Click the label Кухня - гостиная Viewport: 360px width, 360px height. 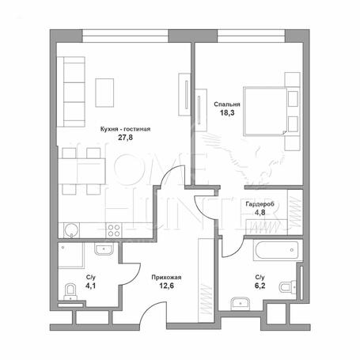pos(125,129)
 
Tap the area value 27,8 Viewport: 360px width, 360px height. pos(125,138)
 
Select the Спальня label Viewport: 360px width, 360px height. pos(227,104)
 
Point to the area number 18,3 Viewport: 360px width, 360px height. pos(227,113)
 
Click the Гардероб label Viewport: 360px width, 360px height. pos(260,204)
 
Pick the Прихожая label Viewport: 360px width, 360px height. pos(166,278)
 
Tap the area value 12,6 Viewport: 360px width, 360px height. pos(166,286)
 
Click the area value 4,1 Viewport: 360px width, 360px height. pos(90,286)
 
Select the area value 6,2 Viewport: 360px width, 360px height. pos(260,286)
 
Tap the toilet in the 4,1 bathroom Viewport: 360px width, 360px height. pos(70,292)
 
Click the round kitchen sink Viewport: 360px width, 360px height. pos(71,230)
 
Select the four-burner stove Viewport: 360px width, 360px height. pos(114,230)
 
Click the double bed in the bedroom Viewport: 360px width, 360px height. pos(266,112)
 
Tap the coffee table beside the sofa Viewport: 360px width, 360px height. pos(104,93)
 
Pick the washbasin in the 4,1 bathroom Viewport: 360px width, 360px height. pos(104,248)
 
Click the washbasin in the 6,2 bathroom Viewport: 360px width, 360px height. pos(241,304)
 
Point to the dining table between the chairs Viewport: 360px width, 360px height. pos(81,171)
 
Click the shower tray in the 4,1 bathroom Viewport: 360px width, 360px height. pos(70,256)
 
